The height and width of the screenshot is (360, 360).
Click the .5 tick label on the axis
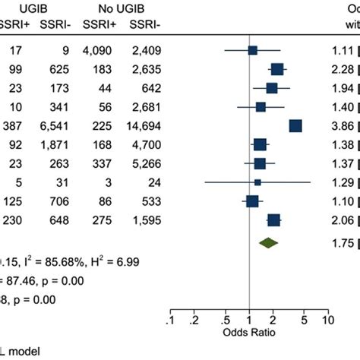pyautogui.click(x=226, y=299)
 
